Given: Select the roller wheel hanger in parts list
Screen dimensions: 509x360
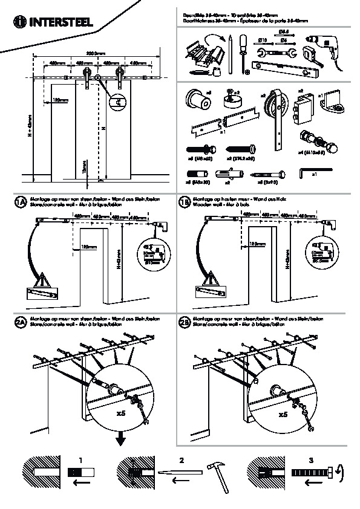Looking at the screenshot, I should click(x=277, y=115).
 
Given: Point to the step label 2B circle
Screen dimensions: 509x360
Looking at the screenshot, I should click(x=185, y=322).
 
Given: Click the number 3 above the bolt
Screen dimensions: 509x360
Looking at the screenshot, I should click(x=311, y=460).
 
